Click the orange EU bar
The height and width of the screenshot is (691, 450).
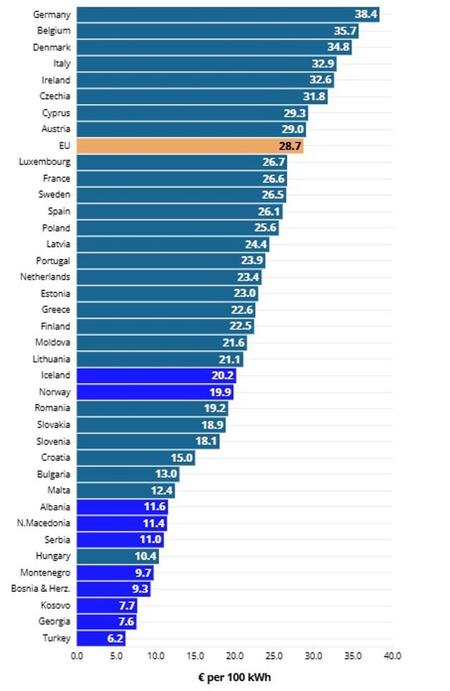(x=190, y=146)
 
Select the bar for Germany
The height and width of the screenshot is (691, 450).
(x=227, y=14)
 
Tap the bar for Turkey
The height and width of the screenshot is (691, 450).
(x=101, y=639)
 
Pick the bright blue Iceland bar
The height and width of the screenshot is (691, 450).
(x=156, y=375)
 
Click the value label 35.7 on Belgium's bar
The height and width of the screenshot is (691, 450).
(x=345, y=31)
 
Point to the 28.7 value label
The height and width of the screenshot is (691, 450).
(x=290, y=146)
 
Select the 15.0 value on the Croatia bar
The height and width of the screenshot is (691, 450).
(x=182, y=458)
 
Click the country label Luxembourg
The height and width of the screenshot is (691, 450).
(x=45, y=162)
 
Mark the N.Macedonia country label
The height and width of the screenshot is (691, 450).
(x=44, y=523)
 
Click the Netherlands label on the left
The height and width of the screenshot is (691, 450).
(x=45, y=277)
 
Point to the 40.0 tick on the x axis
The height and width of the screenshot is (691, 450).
(x=392, y=656)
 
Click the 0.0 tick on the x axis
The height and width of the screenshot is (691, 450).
(x=77, y=656)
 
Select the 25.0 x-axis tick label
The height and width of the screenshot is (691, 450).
(x=274, y=656)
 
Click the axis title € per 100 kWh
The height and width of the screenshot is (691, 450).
(x=234, y=678)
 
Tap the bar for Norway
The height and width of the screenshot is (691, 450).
(x=155, y=392)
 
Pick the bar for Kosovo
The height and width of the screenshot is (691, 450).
(x=106, y=605)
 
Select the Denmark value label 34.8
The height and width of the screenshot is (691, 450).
(x=339, y=47)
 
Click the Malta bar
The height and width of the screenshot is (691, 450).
(x=125, y=490)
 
